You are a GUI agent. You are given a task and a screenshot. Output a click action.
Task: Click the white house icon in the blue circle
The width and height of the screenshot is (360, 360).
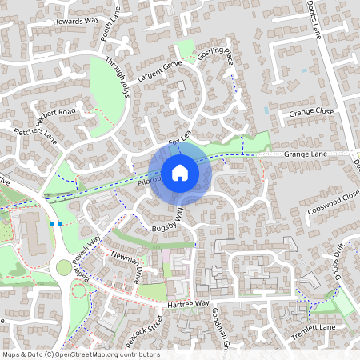(x=179, y=172)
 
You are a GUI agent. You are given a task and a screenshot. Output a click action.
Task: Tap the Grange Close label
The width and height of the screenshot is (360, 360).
(x=313, y=111)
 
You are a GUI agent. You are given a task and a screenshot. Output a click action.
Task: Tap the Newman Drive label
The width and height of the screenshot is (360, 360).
(x=126, y=265)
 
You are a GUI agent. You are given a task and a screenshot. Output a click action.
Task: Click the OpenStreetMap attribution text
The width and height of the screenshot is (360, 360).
(x=81, y=354)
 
